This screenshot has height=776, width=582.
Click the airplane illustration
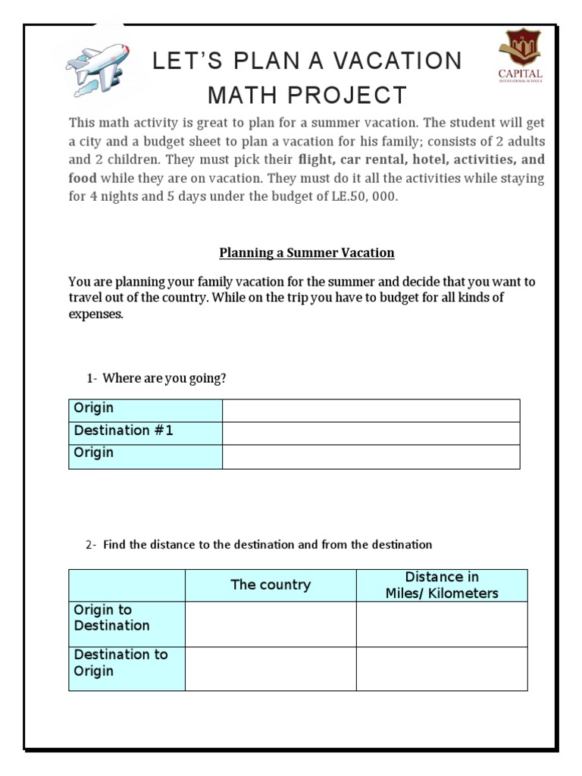[96, 69]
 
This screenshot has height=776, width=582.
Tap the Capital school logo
[520, 56]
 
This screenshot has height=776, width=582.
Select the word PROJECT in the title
[355, 95]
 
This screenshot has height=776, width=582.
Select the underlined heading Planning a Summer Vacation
[307, 252]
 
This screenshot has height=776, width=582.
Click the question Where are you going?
[164, 378]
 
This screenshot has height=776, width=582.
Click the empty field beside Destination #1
[371, 433]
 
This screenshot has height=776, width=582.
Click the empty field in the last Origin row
[371, 456]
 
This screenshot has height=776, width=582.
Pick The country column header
[271, 585]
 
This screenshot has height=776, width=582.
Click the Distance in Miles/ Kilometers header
[442, 585]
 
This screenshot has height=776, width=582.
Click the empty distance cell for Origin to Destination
[442, 624]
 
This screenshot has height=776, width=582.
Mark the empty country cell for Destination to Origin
[271, 668]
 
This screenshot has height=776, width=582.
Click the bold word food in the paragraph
[83, 178]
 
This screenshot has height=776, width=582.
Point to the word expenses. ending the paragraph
[95, 314]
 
